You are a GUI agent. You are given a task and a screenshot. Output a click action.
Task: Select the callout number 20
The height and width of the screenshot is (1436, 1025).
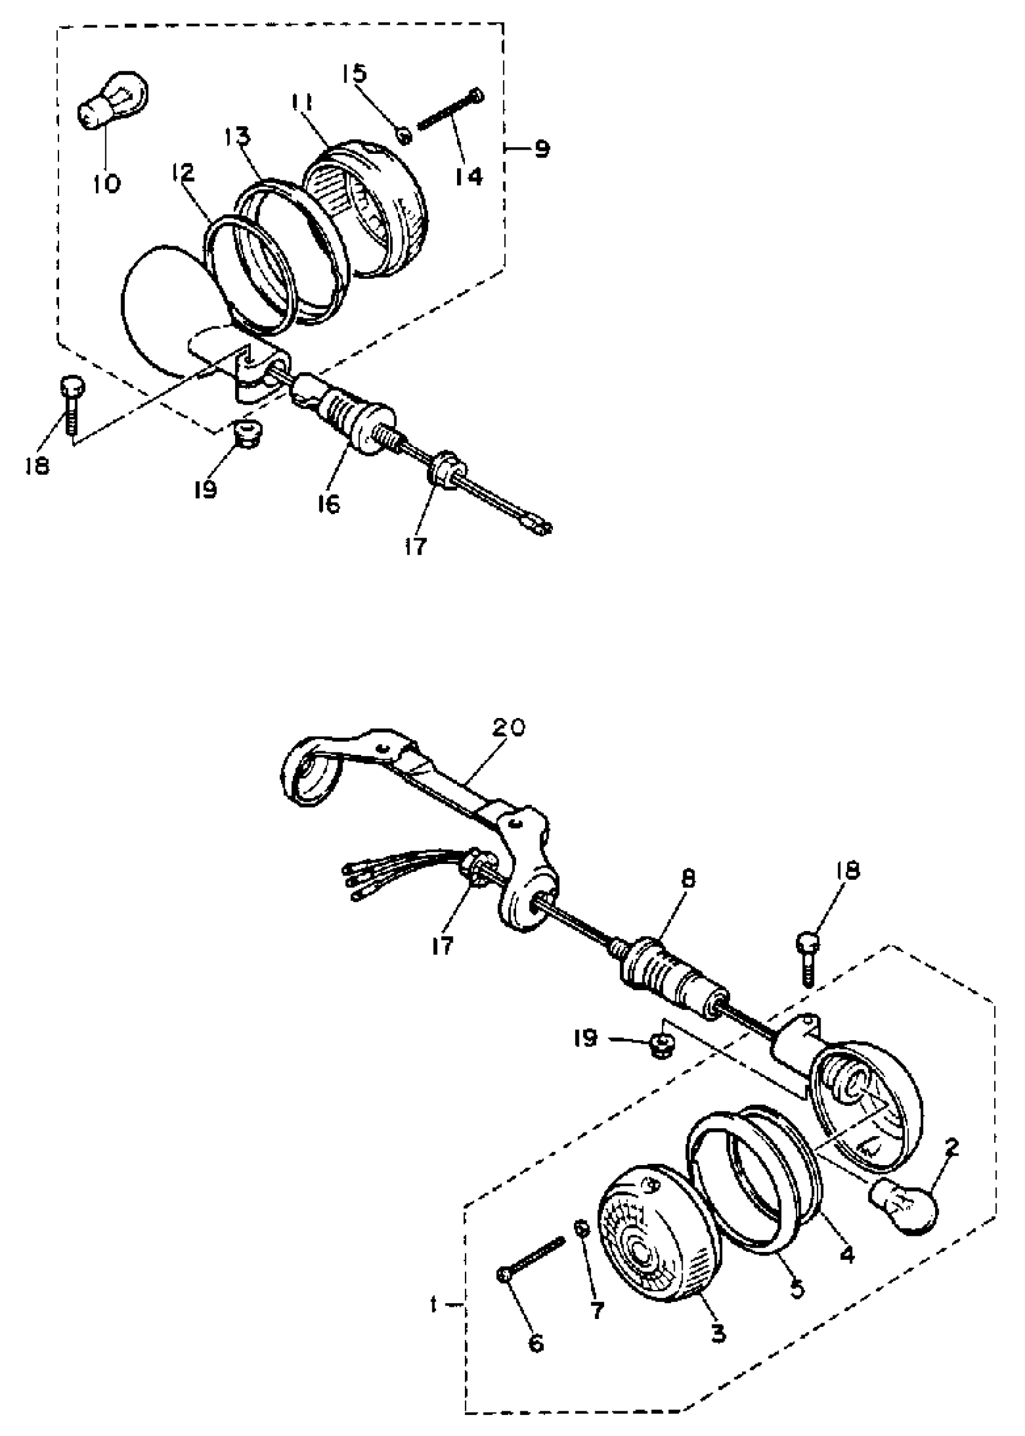(508, 728)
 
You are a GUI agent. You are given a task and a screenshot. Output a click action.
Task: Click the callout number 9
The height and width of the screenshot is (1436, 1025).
(541, 149)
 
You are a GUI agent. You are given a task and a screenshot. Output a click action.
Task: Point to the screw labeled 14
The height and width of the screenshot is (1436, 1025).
(450, 111)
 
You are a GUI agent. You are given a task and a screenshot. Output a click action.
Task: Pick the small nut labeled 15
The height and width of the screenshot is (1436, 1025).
(405, 134)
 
